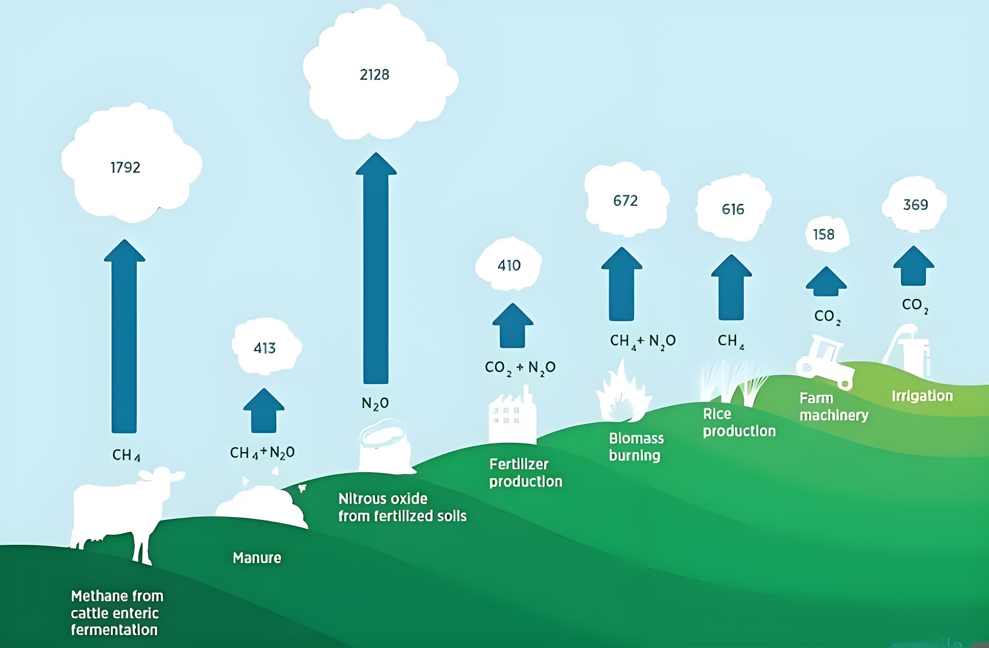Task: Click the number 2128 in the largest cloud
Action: coord(375,75)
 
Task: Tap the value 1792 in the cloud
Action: coord(125,167)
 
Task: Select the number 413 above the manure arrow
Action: coord(265,348)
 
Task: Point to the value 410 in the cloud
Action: coord(509,265)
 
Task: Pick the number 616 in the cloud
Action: coord(733,209)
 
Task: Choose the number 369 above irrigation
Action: coord(915,205)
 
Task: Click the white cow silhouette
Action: coord(121,511)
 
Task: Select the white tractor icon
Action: coord(825,362)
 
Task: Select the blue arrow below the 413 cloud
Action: coord(264,411)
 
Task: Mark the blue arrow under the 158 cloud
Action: coord(826,283)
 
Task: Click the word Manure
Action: coord(257,558)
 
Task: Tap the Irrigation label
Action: coord(922,396)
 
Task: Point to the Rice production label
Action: coord(739,423)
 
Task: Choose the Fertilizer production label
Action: coord(525,473)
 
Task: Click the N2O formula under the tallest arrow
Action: coord(375,403)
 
